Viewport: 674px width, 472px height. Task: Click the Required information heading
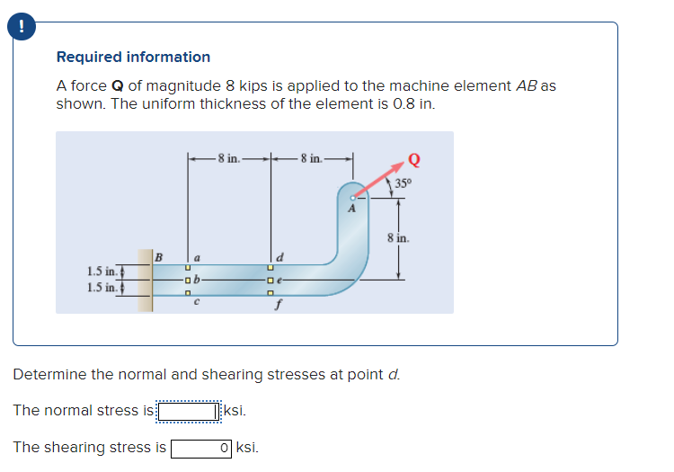133,57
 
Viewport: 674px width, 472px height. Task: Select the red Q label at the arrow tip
413,161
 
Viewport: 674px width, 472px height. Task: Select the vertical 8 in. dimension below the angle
398,239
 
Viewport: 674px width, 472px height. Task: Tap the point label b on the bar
199,280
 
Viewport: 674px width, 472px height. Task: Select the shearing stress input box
202,447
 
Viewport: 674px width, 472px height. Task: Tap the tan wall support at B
144,280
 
